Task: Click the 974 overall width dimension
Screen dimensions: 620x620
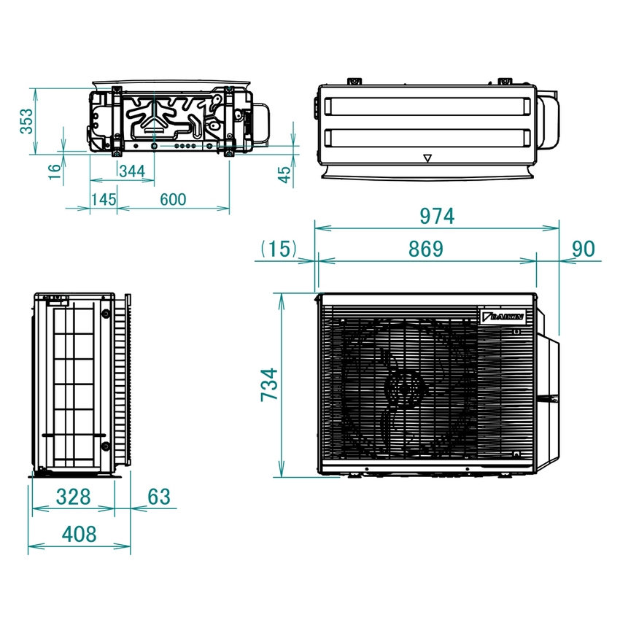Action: (x=436, y=216)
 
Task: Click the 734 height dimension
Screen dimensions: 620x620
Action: (x=269, y=384)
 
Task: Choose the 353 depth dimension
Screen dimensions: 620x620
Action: (x=26, y=120)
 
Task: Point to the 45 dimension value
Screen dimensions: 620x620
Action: (x=285, y=173)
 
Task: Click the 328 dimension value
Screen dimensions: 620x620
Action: (x=73, y=497)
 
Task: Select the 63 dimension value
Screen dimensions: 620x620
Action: (x=158, y=497)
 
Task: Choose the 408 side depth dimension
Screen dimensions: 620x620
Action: (x=79, y=534)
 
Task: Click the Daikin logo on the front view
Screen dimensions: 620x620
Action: (x=503, y=317)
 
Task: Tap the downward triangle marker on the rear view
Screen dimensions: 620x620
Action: (x=427, y=157)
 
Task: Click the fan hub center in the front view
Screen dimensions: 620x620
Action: (x=400, y=387)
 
